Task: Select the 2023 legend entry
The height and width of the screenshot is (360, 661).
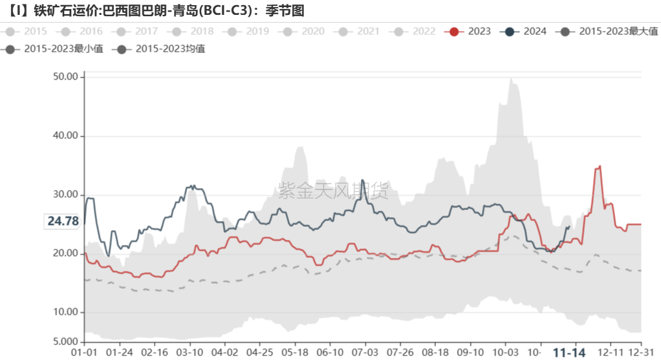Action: [470, 31]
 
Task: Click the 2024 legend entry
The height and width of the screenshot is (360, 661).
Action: [525, 31]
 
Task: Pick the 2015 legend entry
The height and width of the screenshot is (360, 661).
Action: [26, 31]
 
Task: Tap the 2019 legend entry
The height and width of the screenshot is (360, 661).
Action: [248, 31]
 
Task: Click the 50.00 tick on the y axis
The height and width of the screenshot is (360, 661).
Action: [64, 77]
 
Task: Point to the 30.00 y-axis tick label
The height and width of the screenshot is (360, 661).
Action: [64, 195]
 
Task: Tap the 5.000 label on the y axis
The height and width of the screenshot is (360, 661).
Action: [64, 341]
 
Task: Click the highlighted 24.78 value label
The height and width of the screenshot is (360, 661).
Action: [63, 221]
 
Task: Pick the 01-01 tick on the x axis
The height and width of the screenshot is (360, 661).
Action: [83, 352]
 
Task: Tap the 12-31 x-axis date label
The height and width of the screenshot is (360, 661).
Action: [639, 352]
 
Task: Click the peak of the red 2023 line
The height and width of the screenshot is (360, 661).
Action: [600, 166]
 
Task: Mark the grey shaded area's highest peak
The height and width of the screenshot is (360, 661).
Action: [511, 79]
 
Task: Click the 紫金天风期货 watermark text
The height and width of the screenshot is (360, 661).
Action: [333, 191]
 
